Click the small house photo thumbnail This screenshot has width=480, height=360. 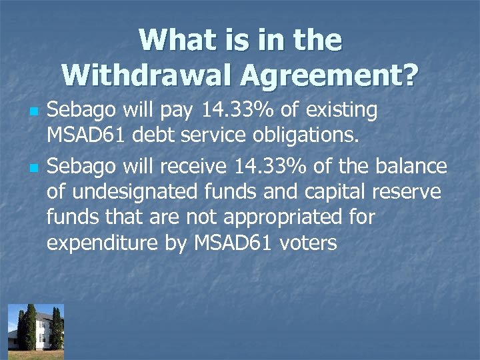(x=36, y=327)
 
